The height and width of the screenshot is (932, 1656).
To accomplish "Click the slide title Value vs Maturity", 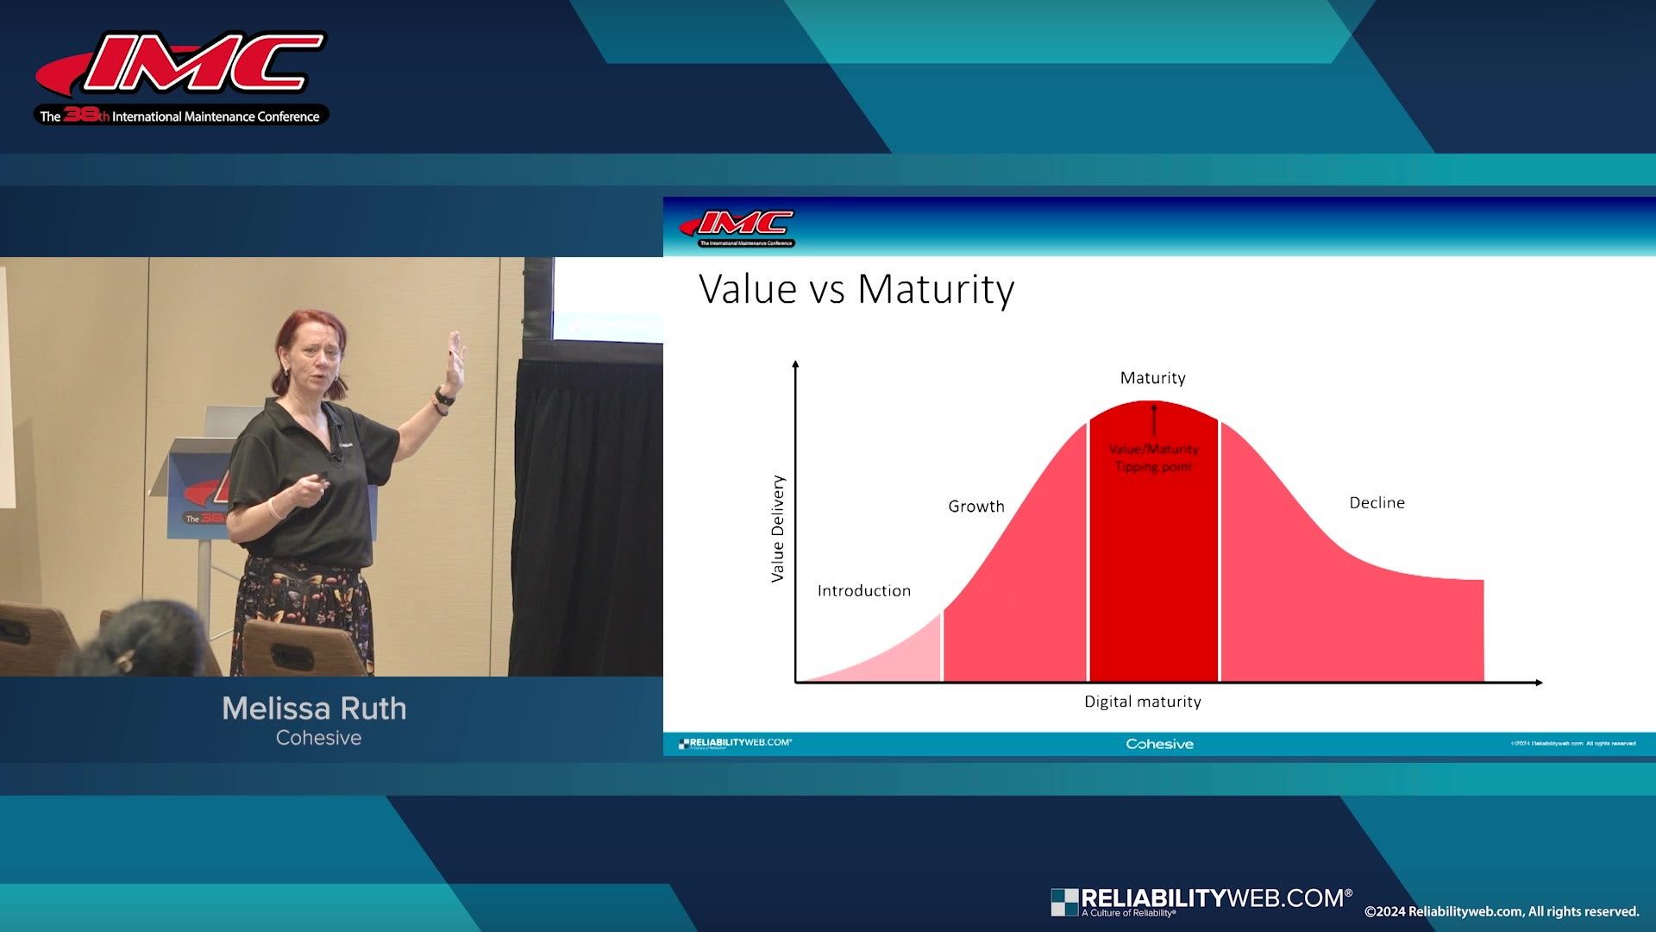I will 856,289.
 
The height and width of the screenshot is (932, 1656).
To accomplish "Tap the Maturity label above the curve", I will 1152,378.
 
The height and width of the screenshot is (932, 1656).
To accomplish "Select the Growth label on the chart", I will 975,507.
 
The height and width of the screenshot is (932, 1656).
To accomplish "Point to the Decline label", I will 1377,503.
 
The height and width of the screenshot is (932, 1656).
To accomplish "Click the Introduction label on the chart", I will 863,591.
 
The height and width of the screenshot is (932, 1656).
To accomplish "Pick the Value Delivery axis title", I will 778,528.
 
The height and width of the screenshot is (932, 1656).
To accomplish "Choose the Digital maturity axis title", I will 1142,702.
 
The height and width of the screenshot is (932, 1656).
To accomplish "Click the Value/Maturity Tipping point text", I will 1153,458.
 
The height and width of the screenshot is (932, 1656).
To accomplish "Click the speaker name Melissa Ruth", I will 314,708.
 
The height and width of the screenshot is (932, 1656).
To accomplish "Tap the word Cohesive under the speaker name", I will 318,738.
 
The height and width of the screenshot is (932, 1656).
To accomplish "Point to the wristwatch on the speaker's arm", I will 444,397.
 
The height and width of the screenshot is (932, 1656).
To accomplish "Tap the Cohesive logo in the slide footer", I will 1159,744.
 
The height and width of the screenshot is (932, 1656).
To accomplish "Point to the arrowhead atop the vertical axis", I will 795,365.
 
